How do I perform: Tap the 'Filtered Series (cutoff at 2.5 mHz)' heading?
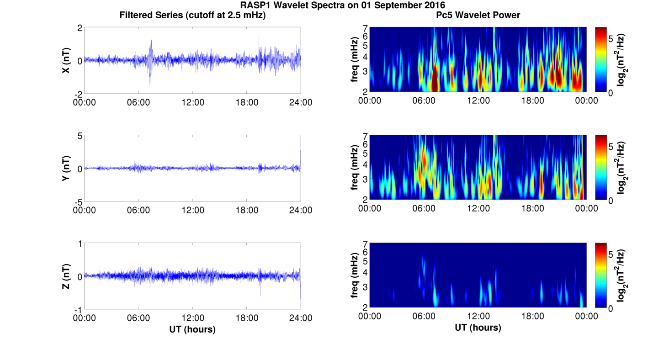tap(192, 15)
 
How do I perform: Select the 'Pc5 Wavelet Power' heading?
tap(478, 15)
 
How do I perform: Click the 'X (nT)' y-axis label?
tap(66, 60)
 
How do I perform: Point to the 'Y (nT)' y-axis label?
tap(66, 168)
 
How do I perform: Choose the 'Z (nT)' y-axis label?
tap(66, 276)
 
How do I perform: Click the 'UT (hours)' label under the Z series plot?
tap(192, 328)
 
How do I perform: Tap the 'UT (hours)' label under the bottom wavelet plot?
tap(478, 327)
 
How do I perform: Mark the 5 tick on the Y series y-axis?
tap(79, 136)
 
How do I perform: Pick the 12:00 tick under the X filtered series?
tap(192, 102)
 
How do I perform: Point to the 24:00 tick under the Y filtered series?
tap(301, 210)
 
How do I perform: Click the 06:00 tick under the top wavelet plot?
tap(424, 101)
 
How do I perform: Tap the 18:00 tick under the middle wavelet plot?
tap(532, 208)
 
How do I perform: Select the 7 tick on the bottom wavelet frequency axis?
tap(365, 244)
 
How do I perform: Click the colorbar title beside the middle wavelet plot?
tap(621, 168)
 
